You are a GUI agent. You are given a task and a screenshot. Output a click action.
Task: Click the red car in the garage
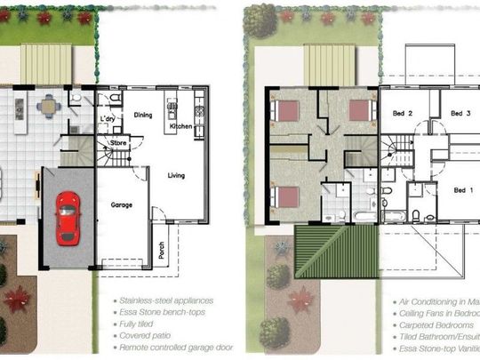[67, 218]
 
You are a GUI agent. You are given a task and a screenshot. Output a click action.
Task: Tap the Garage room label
[122, 205]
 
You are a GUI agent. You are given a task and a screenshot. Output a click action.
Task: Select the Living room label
[176, 176]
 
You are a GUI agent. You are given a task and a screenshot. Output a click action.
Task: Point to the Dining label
[142, 115]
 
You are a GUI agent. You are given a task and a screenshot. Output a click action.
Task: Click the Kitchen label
[181, 127]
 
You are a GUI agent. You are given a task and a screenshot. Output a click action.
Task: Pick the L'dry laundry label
[108, 120]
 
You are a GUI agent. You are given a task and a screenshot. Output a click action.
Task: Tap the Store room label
[119, 141]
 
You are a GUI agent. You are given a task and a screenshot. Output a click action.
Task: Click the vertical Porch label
[162, 251]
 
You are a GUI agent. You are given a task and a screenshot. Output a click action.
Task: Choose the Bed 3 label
[459, 114]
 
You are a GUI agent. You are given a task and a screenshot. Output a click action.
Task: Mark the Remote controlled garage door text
[178, 348]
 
